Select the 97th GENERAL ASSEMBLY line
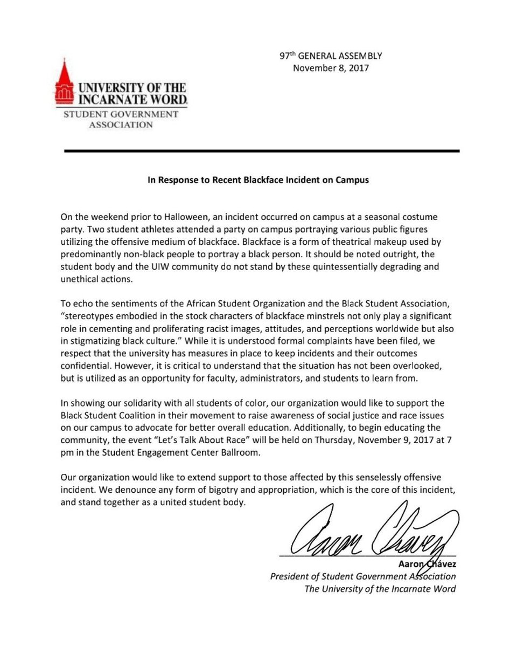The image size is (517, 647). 331,56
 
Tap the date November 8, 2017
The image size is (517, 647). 331,68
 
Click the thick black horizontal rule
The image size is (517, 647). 262,152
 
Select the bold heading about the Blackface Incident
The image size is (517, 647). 258,180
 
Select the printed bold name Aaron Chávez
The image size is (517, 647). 426,564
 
